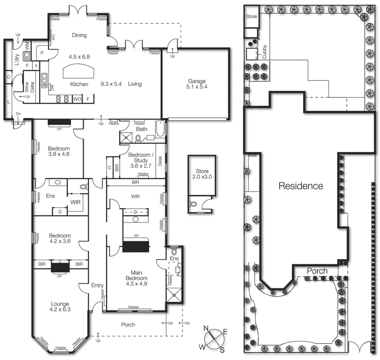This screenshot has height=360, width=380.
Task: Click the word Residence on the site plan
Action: (x=300, y=185)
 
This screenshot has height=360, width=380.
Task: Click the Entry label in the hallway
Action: (x=97, y=285)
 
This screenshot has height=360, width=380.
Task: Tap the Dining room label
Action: (x=79, y=35)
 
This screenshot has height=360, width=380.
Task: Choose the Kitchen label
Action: (x=79, y=84)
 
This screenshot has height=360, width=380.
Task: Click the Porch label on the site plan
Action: (x=317, y=271)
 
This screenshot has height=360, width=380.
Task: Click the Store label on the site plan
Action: (x=251, y=16)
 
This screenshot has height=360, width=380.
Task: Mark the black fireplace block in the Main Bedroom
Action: (x=136, y=246)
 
